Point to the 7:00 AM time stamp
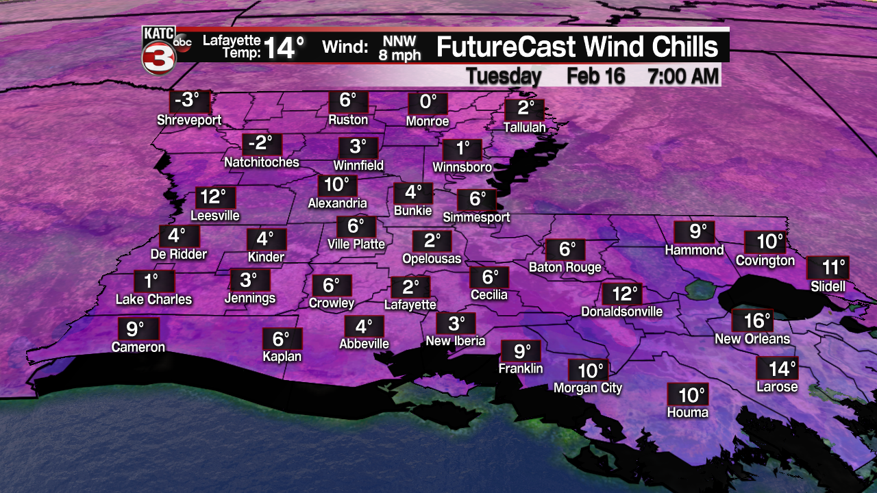(x=684, y=76)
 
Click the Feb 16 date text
(x=595, y=76)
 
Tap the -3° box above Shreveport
(x=190, y=101)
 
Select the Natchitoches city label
(x=262, y=162)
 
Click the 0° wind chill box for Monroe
(x=428, y=103)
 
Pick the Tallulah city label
(x=524, y=127)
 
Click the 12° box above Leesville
(x=215, y=197)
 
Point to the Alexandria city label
(x=337, y=203)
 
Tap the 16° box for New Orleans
(x=752, y=320)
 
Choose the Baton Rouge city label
(x=565, y=267)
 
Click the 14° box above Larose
(x=777, y=368)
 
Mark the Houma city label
(x=688, y=412)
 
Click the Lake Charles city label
(x=153, y=299)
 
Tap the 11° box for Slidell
(x=827, y=268)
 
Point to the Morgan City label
(x=588, y=388)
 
